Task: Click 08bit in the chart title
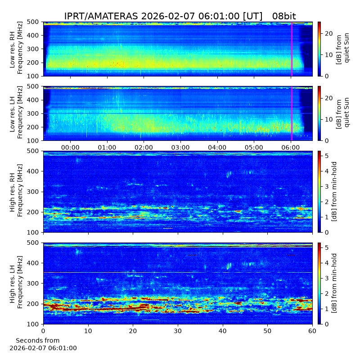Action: pyautogui.click(x=284, y=16)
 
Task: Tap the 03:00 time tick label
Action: pyautogui.click(x=180, y=148)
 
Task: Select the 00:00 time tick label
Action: pyautogui.click(x=70, y=148)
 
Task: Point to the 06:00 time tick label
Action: pyautogui.click(x=291, y=148)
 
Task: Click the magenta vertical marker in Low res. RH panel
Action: pyautogui.click(x=292, y=49)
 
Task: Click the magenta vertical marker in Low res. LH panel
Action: pyautogui.click(x=292, y=113)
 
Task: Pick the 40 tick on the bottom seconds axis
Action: pyautogui.click(x=223, y=331)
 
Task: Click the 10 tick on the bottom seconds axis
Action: pyautogui.click(x=88, y=331)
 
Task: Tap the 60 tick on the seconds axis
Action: pyautogui.click(x=312, y=331)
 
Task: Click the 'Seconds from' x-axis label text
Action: pyautogui.click(x=38, y=340)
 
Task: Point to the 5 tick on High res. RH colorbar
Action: pyautogui.click(x=327, y=156)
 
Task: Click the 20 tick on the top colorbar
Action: pyautogui.click(x=329, y=33)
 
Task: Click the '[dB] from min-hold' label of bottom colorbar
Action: pyautogui.click(x=334, y=283)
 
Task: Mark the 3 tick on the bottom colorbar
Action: pyautogui.click(x=327, y=278)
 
